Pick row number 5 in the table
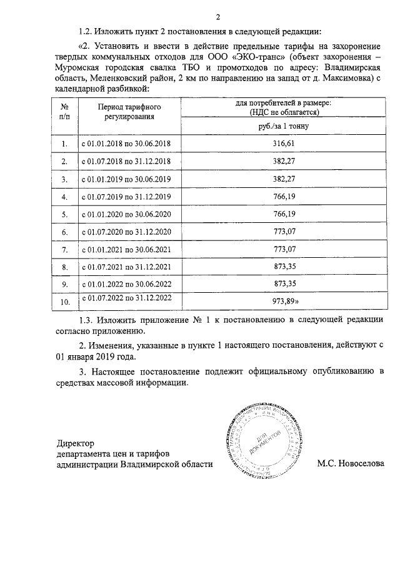[64, 214]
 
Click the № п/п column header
[64, 112]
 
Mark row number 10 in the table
[64, 302]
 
